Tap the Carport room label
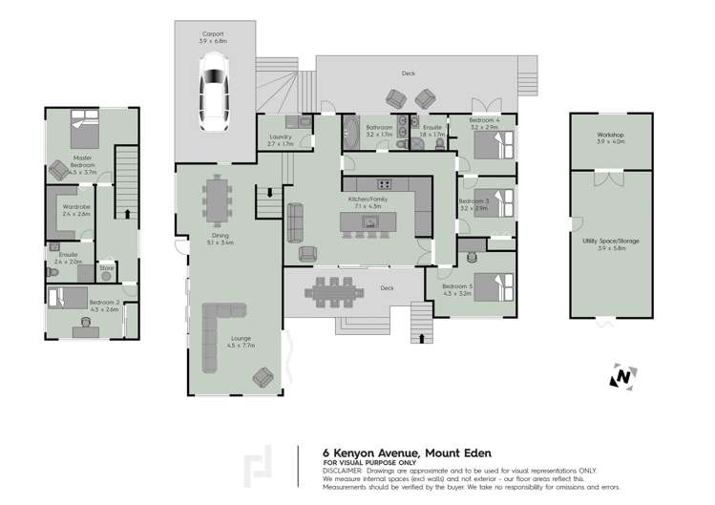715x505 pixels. [213, 36]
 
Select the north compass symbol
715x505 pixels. [622, 376]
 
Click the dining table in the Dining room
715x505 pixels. [218, 200]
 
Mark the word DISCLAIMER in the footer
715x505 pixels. [343, 472]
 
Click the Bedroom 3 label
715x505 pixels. [473, 202]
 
